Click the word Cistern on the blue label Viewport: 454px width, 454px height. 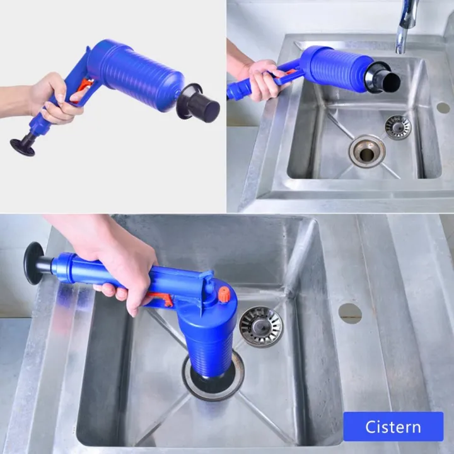coord(393,427)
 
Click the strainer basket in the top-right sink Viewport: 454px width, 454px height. coord(397,127)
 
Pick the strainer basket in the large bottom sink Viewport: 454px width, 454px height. coord(260,326)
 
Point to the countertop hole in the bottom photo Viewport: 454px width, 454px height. coord(350,313)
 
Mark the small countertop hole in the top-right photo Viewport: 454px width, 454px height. coord(443,108)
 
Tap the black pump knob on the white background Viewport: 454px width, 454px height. coord(23,146)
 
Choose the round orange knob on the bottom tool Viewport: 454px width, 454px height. coord(223,293)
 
